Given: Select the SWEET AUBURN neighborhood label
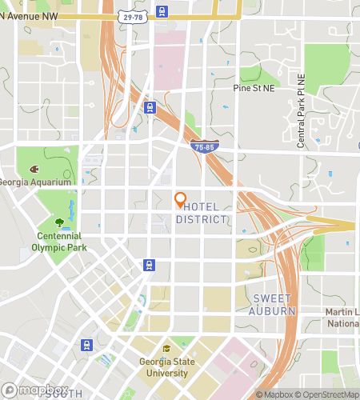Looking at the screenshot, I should (274, 305).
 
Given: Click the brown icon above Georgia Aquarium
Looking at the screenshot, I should (34, 170).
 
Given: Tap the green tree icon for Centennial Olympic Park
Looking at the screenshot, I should (60, 223).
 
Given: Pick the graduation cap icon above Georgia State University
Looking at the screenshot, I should (167, 349).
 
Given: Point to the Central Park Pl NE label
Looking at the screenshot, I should (302, 111).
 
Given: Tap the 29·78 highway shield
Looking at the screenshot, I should (133, 15).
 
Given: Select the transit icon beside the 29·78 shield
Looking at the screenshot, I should (162, 11).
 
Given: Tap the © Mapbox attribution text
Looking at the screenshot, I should (274, 394).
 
